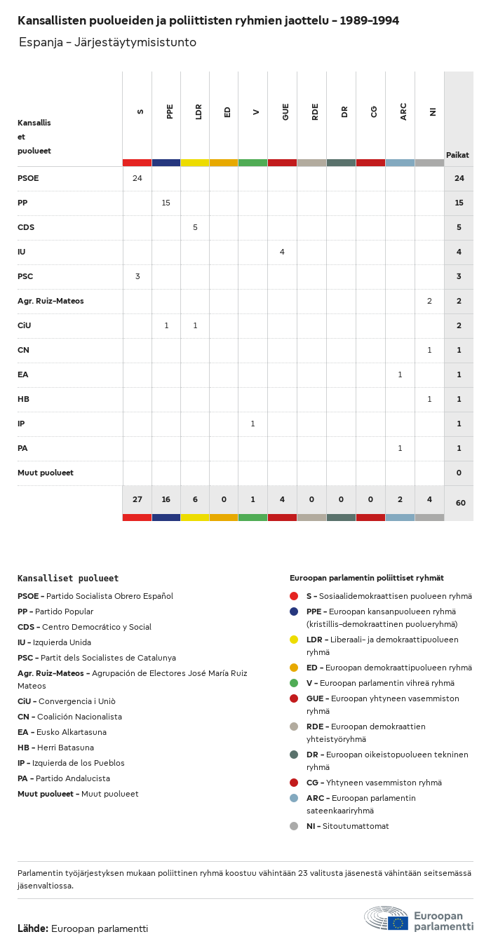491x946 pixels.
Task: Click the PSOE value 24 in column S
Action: click(x=137, y=178)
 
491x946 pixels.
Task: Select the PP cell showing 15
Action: click(x=166, y=203)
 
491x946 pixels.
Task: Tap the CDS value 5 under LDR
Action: click(x=195, y=227)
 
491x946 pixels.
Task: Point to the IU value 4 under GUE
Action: click(x=282, y=252)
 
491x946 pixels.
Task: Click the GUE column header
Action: click(x=285, y=112)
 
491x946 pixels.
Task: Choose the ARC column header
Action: click(x=403, y=112)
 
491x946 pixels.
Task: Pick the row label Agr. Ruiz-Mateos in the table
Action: click(x=51, y=301)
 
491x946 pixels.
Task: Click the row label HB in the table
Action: click(x=23, y=399)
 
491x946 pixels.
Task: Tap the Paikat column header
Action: click(x=457, y=155)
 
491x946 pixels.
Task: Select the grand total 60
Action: click(x=460, y=503)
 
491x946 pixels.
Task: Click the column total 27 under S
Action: click(x=137, y=499)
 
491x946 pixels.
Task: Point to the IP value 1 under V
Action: click(x=253, y=424)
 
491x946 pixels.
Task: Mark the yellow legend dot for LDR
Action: click(x=294, y=640)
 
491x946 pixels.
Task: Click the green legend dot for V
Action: click(x=294, y=683)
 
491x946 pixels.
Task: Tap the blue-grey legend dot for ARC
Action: click(x=294, y=798)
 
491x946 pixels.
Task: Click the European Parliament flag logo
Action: click(x=398, y=923)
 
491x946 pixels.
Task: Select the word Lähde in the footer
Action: click(x=32, y=928)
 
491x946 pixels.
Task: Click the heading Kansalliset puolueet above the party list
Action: click(x=68, y=579)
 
